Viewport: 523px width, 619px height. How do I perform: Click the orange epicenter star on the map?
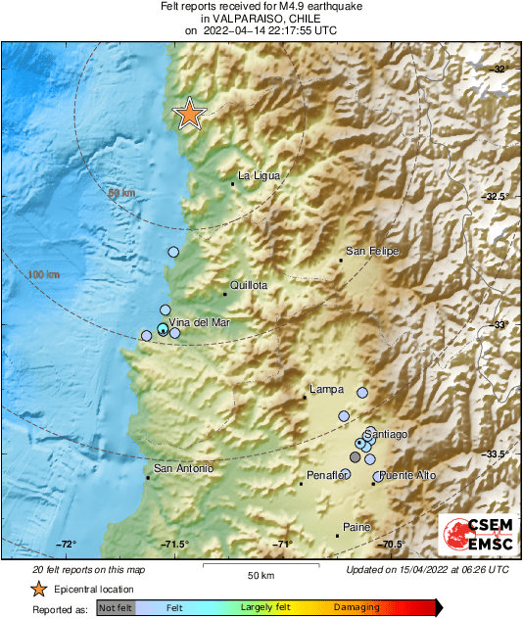coord(188,115)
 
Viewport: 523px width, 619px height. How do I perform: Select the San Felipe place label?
coord(373,252)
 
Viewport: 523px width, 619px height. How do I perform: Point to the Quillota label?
coord(249,286)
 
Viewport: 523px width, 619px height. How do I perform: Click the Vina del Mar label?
coord(194,322)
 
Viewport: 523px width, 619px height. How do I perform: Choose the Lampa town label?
coord(326,390)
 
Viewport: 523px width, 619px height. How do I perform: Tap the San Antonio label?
coord(183,469)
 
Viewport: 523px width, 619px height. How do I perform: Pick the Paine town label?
coord(357,528)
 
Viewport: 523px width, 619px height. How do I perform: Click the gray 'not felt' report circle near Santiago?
coord(356,456)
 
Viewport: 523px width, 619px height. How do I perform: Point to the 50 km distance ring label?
coord(120,193)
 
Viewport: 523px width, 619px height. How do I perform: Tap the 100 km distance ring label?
coord(44,273)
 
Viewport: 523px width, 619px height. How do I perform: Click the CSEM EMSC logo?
coord(473,537)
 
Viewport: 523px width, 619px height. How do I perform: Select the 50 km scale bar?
coord(260,565)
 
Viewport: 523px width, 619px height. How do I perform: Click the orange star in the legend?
coord(38,589)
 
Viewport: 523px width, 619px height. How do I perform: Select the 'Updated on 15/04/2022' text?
coord(427,569)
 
